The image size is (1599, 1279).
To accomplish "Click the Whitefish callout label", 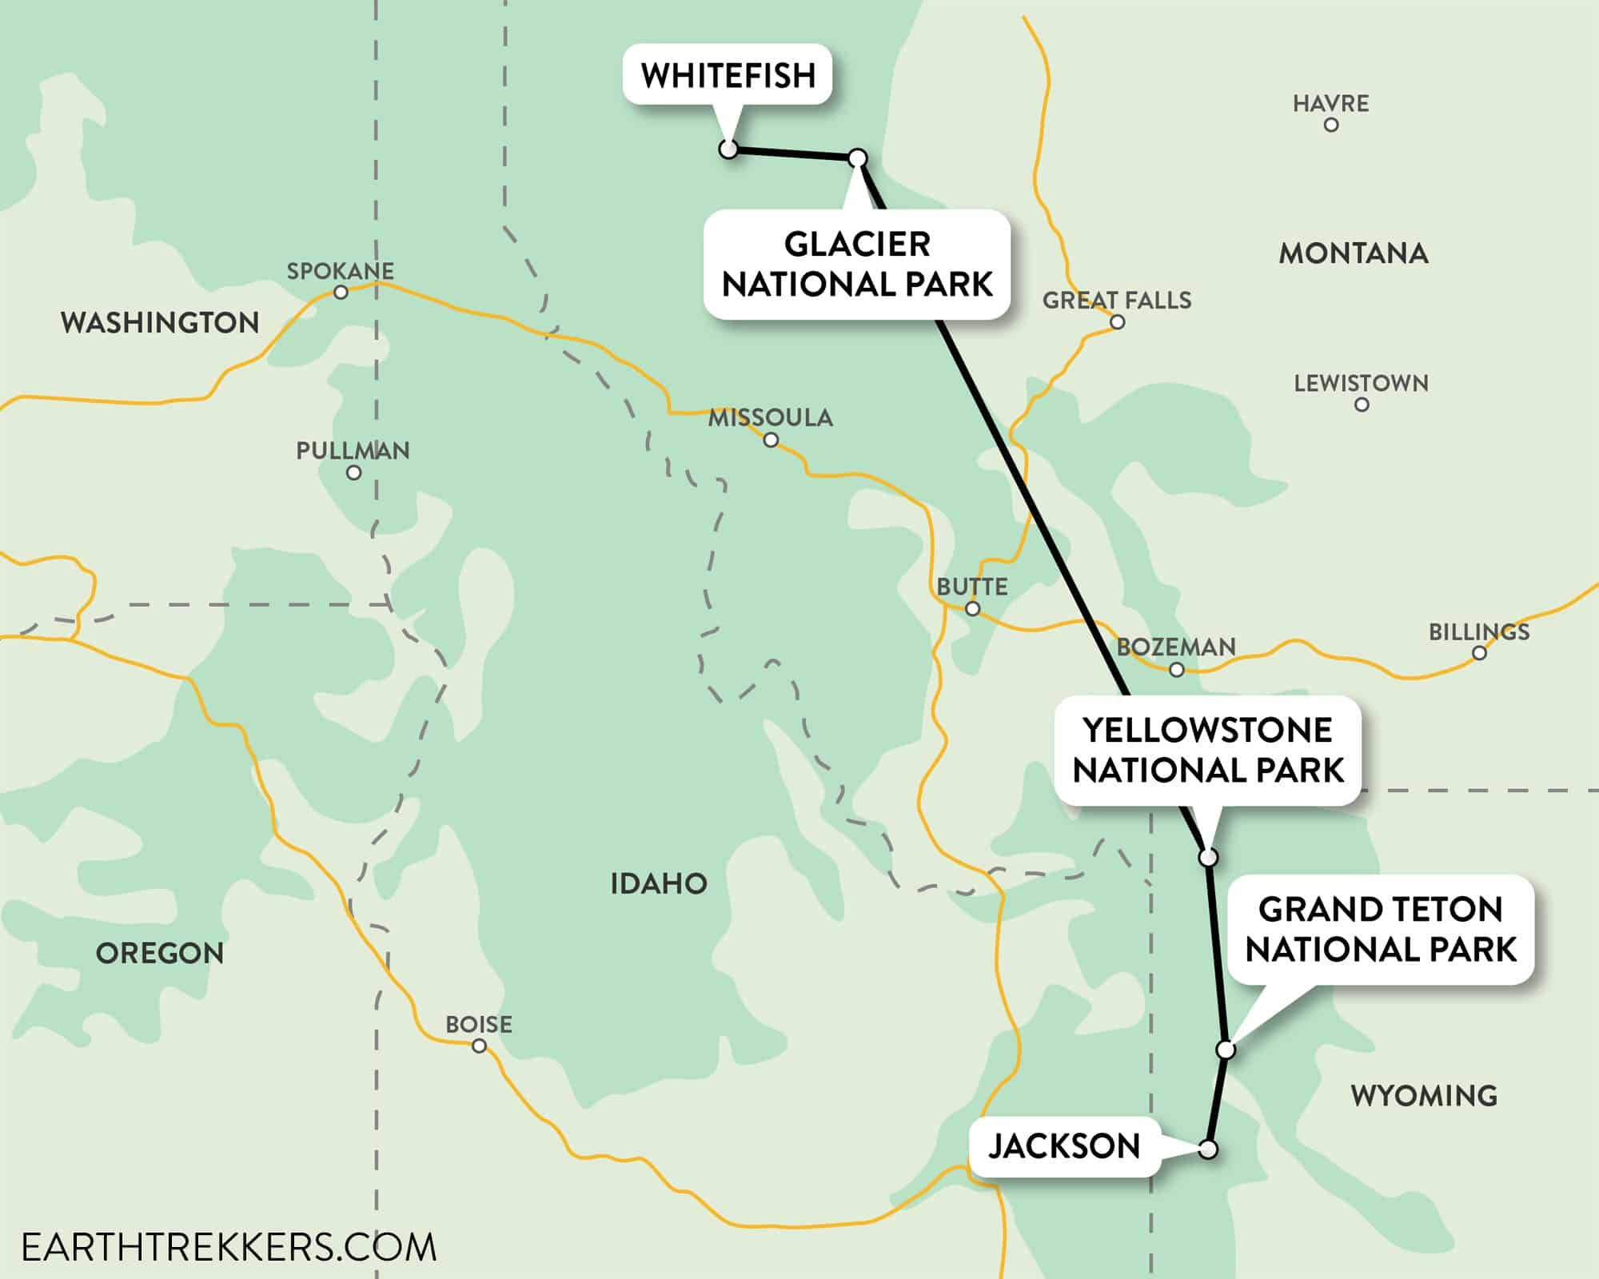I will (x=728, y=75).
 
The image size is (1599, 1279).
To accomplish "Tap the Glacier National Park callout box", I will (x=857, y=265).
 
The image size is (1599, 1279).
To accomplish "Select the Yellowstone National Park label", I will (x=1207, y=750).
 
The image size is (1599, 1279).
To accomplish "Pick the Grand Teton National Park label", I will (x=1380, y=930).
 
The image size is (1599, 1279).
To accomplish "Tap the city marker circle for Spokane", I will (x=341, y=293).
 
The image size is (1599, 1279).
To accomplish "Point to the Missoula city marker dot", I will (x=771, y=440).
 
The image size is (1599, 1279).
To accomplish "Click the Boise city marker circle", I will (x=479, y=1046).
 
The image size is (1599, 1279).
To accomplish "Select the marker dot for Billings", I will (x=1479, y=653).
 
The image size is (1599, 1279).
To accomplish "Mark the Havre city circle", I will (x=1331, y=125).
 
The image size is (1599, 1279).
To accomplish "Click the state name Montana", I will (x=1353, y=253).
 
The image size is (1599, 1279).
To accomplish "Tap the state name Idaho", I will (x=658, y=884).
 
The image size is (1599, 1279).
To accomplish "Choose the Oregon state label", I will (x=160, y=953).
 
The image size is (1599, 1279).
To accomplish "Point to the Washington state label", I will (x=160, y=323).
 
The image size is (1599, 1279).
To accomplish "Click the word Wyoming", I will (x=1424, y=1095).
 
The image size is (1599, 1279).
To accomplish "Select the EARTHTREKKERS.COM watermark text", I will (x=229, y=1247).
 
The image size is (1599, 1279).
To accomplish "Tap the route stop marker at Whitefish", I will (x=728, y=149).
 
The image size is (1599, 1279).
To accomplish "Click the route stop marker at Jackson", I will (x=1208, y=1150).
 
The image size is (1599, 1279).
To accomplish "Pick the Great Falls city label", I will (x=1116, y=301).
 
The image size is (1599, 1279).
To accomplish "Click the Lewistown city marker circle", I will (x=1362, y=404).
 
